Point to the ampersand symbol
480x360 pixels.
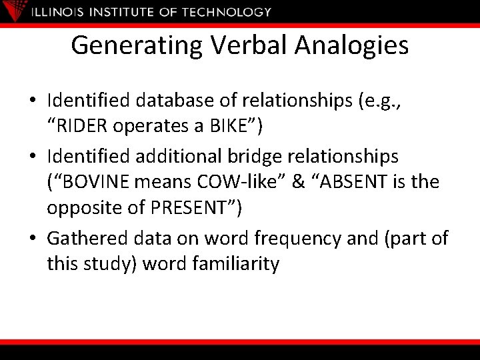pyautogui.click(x=301, y=181)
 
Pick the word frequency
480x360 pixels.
pyautogui.click(x=315, y=238)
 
